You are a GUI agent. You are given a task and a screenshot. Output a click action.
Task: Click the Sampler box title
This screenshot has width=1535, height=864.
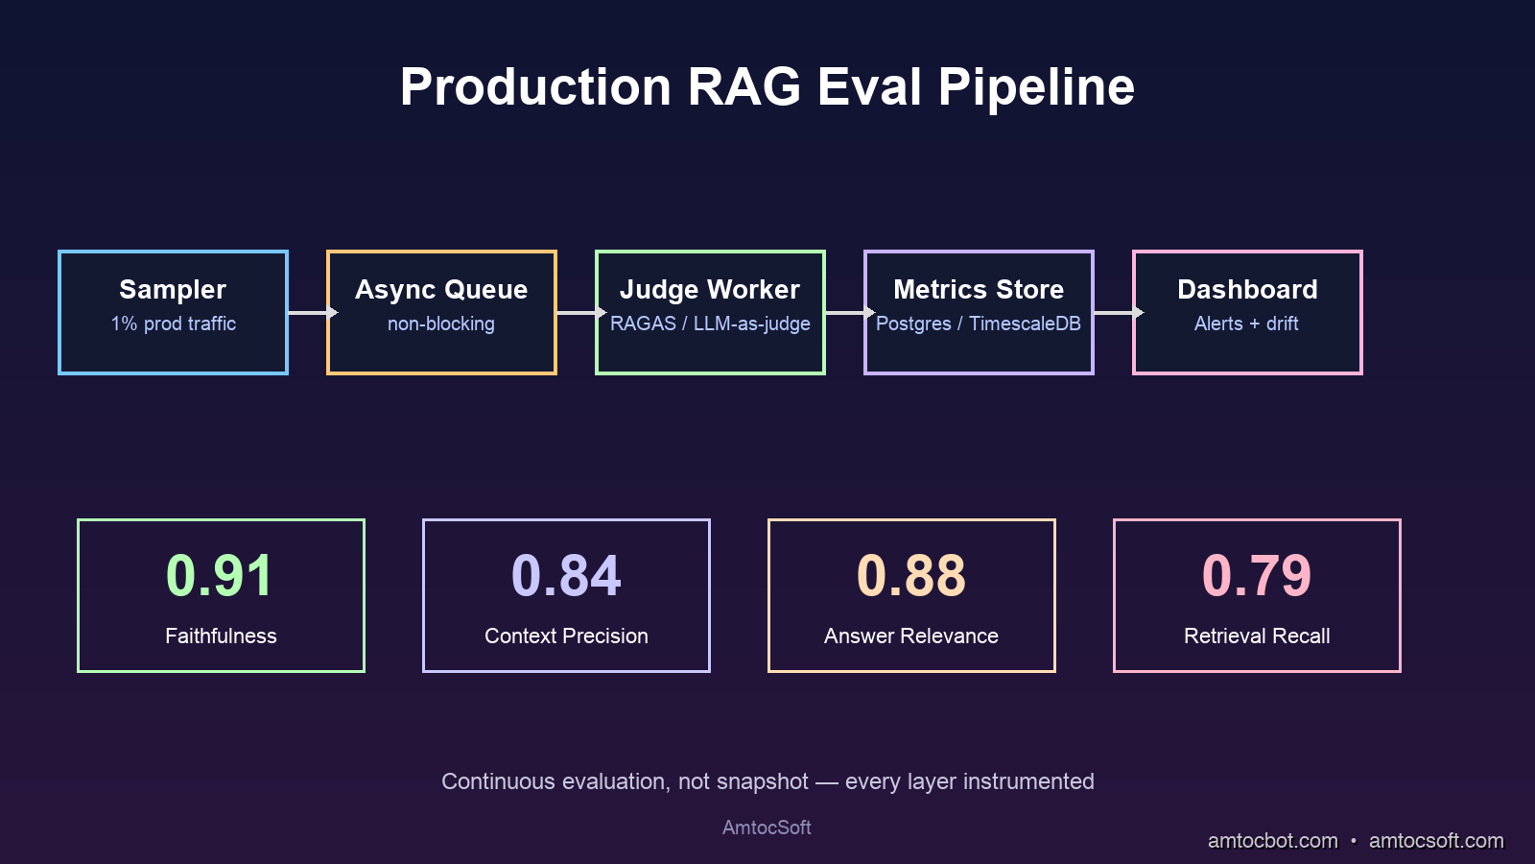(x=173, y=289)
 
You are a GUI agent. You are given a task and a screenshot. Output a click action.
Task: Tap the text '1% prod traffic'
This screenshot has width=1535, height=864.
(x=174, y=324)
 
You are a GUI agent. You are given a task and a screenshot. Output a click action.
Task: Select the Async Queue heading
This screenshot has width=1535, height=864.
(x=441, y=289)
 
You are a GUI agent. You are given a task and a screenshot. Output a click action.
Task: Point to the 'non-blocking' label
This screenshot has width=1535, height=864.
(x=441, y=324)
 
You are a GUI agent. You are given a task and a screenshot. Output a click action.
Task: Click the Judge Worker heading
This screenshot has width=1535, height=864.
(x=710, y=289)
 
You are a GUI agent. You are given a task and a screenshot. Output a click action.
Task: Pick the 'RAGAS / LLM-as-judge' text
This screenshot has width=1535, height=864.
(x=710, y=324)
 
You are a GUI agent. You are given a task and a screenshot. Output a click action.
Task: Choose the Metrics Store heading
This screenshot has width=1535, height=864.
(x=979, y=289)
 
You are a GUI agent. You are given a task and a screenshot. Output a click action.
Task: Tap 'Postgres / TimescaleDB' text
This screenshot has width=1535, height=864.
(x=979, y=324)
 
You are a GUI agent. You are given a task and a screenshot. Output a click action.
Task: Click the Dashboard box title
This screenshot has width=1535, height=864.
(x=1247, y=289)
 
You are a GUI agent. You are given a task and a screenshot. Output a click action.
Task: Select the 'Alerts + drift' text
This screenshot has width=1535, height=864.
(x=1246, y=324)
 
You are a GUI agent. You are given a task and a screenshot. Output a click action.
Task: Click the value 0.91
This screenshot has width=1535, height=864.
(x=220, y=576)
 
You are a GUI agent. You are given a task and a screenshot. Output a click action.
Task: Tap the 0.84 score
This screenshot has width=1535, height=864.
(x=566, y=576)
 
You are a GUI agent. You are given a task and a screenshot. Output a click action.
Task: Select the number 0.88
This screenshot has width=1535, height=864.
(x=911, y=576)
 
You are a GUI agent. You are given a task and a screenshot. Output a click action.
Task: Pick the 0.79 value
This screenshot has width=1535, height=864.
(x=1257, y=576)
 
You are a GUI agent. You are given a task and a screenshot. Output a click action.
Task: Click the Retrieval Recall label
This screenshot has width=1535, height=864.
(x=1257, y=636)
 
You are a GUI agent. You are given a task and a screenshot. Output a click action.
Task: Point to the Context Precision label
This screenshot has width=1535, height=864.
(x=566, y=636)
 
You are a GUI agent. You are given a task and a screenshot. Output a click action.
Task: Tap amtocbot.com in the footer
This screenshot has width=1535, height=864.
(x=1272, y=841)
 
